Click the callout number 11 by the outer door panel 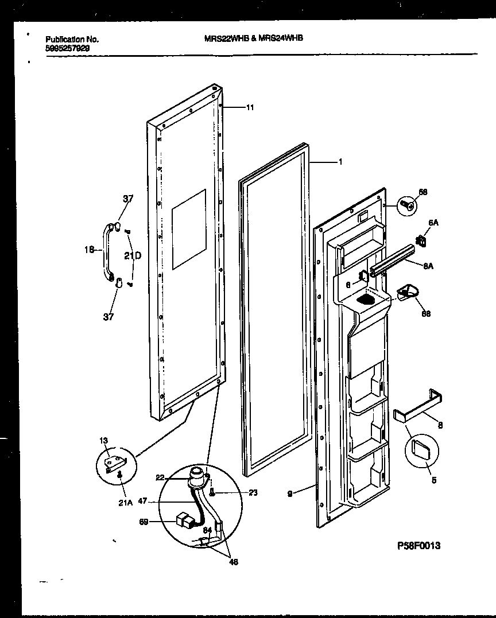click(250, 107)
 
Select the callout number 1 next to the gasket click(340, 162)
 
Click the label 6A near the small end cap click(433, 223)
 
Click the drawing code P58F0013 click(418, 546)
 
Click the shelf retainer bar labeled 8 click(417, 405)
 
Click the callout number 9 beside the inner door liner click(290, 493)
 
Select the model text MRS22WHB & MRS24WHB click(254, 38)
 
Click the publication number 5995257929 click(67, 49)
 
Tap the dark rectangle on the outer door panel click(189, 229)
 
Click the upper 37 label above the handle click(127, 199)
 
